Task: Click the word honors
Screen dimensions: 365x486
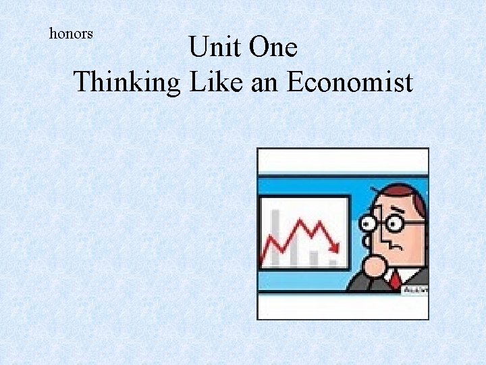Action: tap(71, 33)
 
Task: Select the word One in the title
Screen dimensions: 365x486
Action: tap(273, 48)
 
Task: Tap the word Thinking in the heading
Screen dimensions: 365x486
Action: tap(127, 82)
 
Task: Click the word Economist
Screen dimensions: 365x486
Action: tap(350, 82)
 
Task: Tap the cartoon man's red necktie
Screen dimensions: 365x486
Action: tap(395, 278)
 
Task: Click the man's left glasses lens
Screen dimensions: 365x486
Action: tap(369, 223)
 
